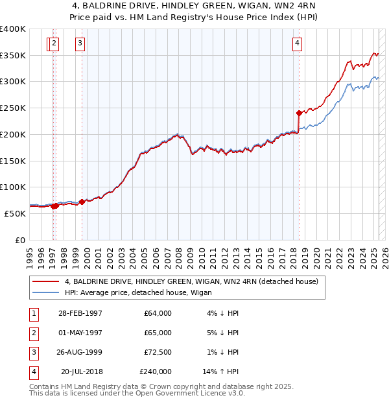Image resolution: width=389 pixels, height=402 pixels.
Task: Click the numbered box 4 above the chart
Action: click(296, 43)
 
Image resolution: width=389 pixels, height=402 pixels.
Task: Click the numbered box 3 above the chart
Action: click(80, 43)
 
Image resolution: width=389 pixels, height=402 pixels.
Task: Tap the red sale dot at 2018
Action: click(298, 113)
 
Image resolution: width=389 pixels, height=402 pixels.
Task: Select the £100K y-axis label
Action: click(13, 187)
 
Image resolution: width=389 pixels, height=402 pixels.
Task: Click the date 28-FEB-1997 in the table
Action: click(80, 313)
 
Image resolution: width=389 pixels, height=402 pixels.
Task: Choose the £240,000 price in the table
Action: click(156, 372)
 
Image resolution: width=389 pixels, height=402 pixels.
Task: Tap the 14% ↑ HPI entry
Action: click(220, 372)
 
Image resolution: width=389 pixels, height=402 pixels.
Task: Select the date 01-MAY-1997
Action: click(80, 333)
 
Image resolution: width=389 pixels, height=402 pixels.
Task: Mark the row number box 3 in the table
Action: click(32, 352)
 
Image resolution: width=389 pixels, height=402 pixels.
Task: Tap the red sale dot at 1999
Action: click(82, 202)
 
